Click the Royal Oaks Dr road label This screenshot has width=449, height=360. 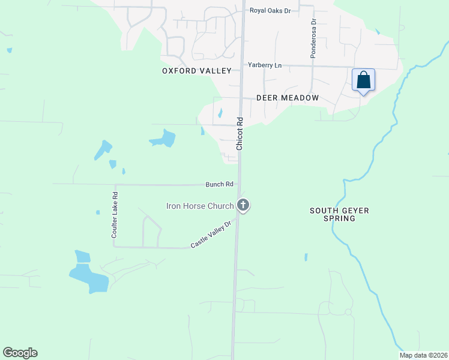(271, 10)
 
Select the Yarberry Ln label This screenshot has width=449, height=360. (265, 65)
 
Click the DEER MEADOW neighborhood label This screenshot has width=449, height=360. (287, 97)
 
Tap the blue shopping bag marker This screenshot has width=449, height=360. (363, 80)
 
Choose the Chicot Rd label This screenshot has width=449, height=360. (239, 133)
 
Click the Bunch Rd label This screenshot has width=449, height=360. (218, 184)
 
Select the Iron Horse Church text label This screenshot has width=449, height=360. (199, 206)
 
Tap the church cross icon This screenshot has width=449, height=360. (243, 206)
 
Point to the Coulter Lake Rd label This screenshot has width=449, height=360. (114, 215)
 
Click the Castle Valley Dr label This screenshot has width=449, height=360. (211, 235)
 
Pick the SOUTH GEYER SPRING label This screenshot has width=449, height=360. (339, 215)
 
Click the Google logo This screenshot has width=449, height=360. (20, 353)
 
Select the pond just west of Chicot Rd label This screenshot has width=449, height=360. (163, 139)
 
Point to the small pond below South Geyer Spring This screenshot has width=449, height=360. (306, 257)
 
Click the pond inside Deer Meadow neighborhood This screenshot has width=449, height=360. (220, 113)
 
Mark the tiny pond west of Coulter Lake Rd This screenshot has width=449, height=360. (98, 212)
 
